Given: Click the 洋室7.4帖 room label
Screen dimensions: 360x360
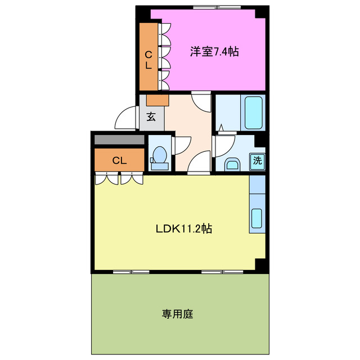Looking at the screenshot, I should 214,52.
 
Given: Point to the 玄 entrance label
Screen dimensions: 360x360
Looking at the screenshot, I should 151,118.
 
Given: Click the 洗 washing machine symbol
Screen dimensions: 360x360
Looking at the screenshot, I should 257,160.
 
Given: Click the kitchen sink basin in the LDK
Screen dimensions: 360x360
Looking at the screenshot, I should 257,218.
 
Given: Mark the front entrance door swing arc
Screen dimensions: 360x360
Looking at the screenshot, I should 124,119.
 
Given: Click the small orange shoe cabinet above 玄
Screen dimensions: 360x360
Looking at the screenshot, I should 157,100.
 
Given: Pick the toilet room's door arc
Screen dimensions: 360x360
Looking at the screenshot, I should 181,145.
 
